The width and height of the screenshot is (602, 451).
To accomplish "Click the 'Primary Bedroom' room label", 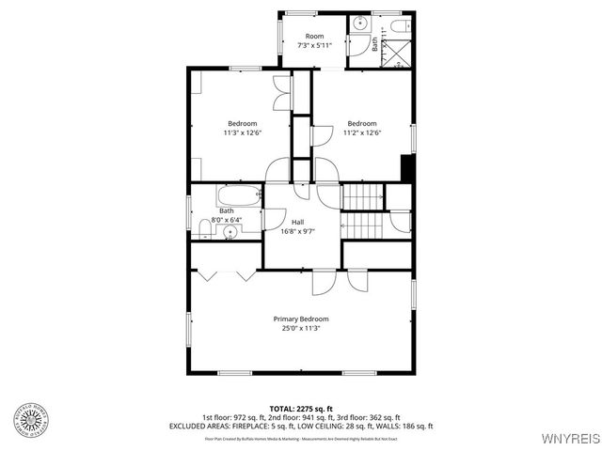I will coord(301,319).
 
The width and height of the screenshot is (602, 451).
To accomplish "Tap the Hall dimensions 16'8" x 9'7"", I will coord(297,231).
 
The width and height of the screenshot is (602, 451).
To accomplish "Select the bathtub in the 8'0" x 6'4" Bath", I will coord(239,197).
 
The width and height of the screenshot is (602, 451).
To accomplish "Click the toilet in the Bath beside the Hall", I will coord(204,227).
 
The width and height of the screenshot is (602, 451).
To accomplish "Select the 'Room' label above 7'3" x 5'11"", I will coord(313,36).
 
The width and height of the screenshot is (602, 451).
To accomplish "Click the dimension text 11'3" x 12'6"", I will coord(242,132).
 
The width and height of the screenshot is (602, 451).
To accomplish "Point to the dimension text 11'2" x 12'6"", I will coord(362,132).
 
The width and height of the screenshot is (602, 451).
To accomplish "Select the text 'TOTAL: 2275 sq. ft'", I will coord(301,409).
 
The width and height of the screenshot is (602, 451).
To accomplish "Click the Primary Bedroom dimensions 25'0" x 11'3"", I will coord(301,328).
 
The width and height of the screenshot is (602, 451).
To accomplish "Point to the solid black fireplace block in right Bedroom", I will coord(407,169).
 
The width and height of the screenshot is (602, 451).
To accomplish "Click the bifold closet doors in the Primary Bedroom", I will coord(225,275).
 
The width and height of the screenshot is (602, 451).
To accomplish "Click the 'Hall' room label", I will coord(297,222).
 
